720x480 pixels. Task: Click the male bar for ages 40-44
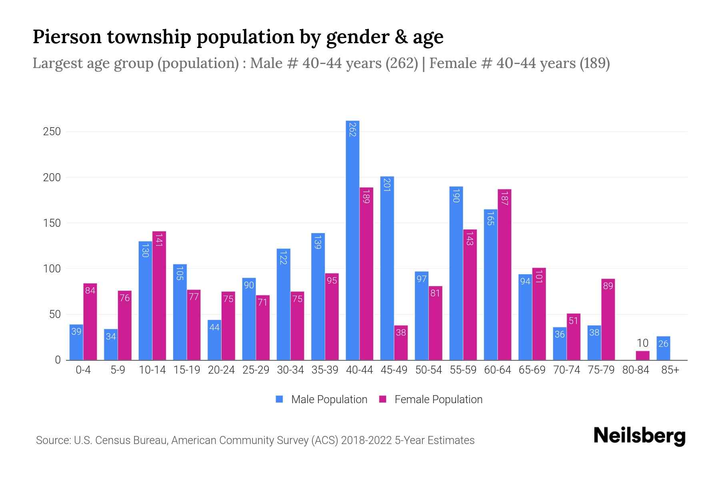click(352, 240)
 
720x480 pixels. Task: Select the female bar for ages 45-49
click(401, 343)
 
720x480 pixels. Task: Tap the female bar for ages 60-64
click(504, 275)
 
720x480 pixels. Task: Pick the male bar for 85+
click(663, 348)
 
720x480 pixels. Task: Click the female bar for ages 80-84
click(642, 356)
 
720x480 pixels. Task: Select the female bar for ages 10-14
click(159, 296)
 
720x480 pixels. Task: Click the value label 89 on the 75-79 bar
click(608, 286)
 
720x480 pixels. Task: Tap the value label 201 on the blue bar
click(387, 184)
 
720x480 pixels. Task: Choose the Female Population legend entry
click(431, 400)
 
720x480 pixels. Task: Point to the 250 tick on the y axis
click(52, 132)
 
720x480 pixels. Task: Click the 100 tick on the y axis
click(52, 269)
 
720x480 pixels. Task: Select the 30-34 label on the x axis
click(290, 370)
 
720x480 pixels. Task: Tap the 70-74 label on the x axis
click(566, 370)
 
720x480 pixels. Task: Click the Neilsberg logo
click(639, 436)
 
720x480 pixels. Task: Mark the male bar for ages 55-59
click(456, 273)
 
